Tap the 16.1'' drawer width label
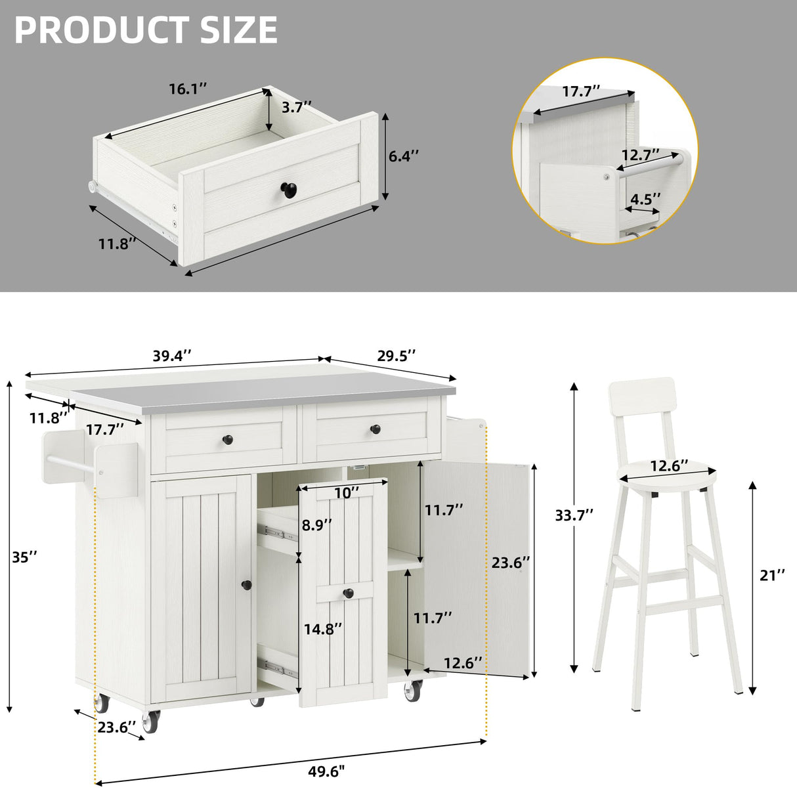click(188, 89)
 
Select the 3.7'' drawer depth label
click(297, 107)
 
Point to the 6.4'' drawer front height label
click(403, 156)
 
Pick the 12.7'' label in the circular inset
click(641, 155)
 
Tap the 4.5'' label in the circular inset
click(645, 198)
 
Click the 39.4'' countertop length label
click(172, 356)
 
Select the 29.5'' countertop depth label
click(397, 356)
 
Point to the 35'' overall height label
click(24, 557)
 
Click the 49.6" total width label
click(326, 772)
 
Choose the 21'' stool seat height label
click(772, 576)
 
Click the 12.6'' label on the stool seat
click(669, 465)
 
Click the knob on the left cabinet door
click(246, 584)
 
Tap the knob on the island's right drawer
click(375, 429)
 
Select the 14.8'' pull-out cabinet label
click(322, 629)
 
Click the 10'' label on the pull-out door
click(347, 492)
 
